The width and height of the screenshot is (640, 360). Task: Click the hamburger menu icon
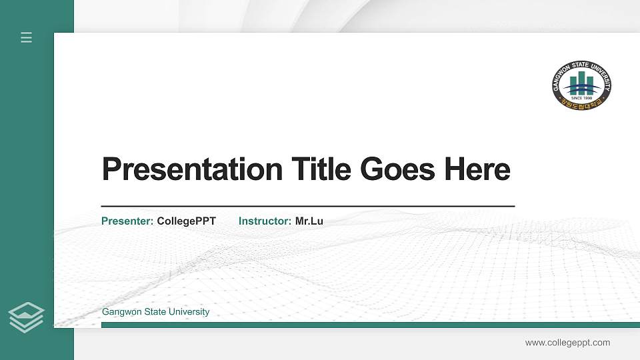pyautogui.click(x=26, y=37)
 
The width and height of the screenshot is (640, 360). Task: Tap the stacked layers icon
pyautogui.click(x=26, y=317)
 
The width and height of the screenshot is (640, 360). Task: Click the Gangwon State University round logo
pyautogui.click(x=581, y=85)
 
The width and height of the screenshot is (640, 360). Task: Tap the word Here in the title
pyautogui.click(x=477, y=169)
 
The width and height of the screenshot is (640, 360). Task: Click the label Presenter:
pyautogui.click(x=127, y=221)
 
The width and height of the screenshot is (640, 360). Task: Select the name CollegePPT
pyautogui.click(x=187, y=221)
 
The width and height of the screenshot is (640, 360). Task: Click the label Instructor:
pyautogui.click(x=265, y=221)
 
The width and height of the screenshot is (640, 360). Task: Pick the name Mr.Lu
pyautogui.click(x=309, y=221)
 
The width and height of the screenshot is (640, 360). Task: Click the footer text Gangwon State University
pyautogui.click(x=155, y=312)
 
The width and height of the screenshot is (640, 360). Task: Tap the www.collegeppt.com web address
pyautogui.click(x=567, y=343)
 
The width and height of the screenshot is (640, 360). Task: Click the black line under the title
pyautogui.click(x=307, y=207)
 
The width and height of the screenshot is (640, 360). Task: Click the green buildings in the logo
pyautogui.click(x=581, y=83)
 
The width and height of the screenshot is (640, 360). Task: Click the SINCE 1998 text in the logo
pyautogui.click(x=581, y=97)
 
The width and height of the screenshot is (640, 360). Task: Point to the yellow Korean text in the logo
pyautogui.click(x=581, y=103)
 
